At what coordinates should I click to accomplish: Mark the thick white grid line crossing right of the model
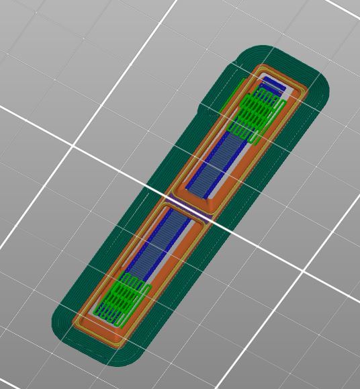tap(282, 262)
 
